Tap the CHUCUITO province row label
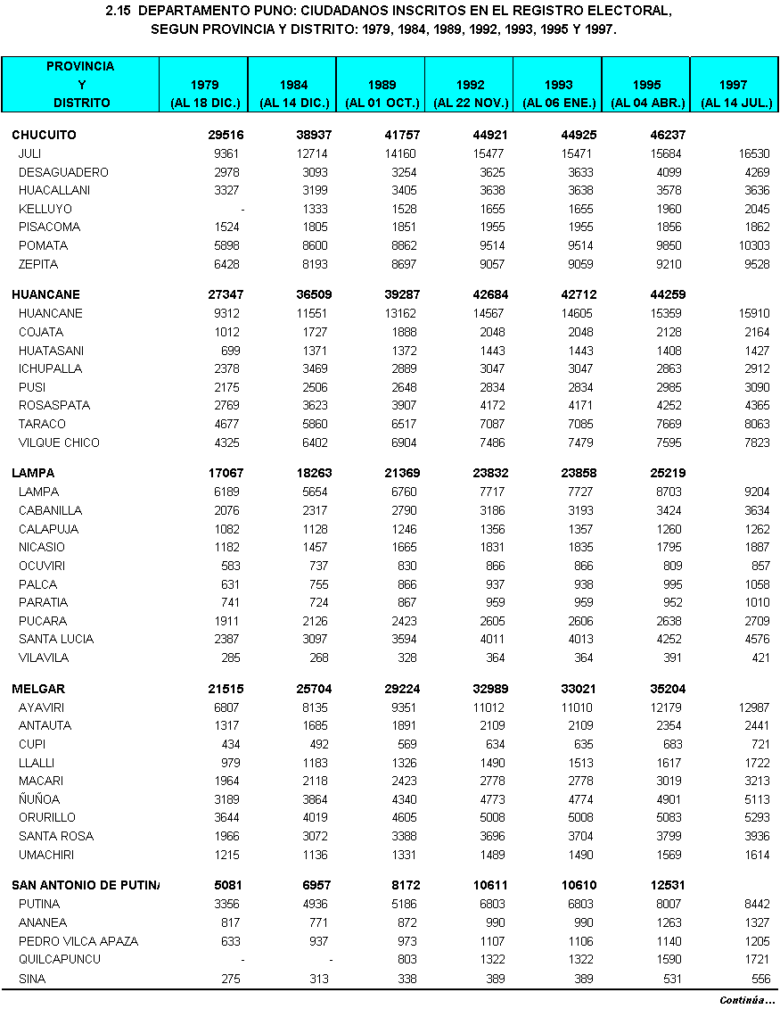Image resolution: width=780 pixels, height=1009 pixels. pyautogui.click(x=44, y=136)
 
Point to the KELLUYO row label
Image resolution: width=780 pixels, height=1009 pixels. pyautogui.click(x=45, y=209)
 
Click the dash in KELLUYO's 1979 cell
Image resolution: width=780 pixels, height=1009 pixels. pyautogui.click(x=242, y=209)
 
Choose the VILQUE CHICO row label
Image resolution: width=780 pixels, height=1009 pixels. pyautogui.click(x=59, y=443)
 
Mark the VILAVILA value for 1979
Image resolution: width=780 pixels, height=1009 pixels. pyautogui.click(x=231, y=658)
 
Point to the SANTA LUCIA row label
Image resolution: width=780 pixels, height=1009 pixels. pyautogui.click(x=55, y=640)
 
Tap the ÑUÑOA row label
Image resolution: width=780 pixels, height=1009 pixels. pyautogui.click(x=39, y=800)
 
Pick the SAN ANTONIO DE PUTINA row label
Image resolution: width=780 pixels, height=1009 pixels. pyautogui.click(x=85, y=886)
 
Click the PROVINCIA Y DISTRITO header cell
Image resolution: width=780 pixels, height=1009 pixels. pyautogui.click(x=80, y=85)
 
